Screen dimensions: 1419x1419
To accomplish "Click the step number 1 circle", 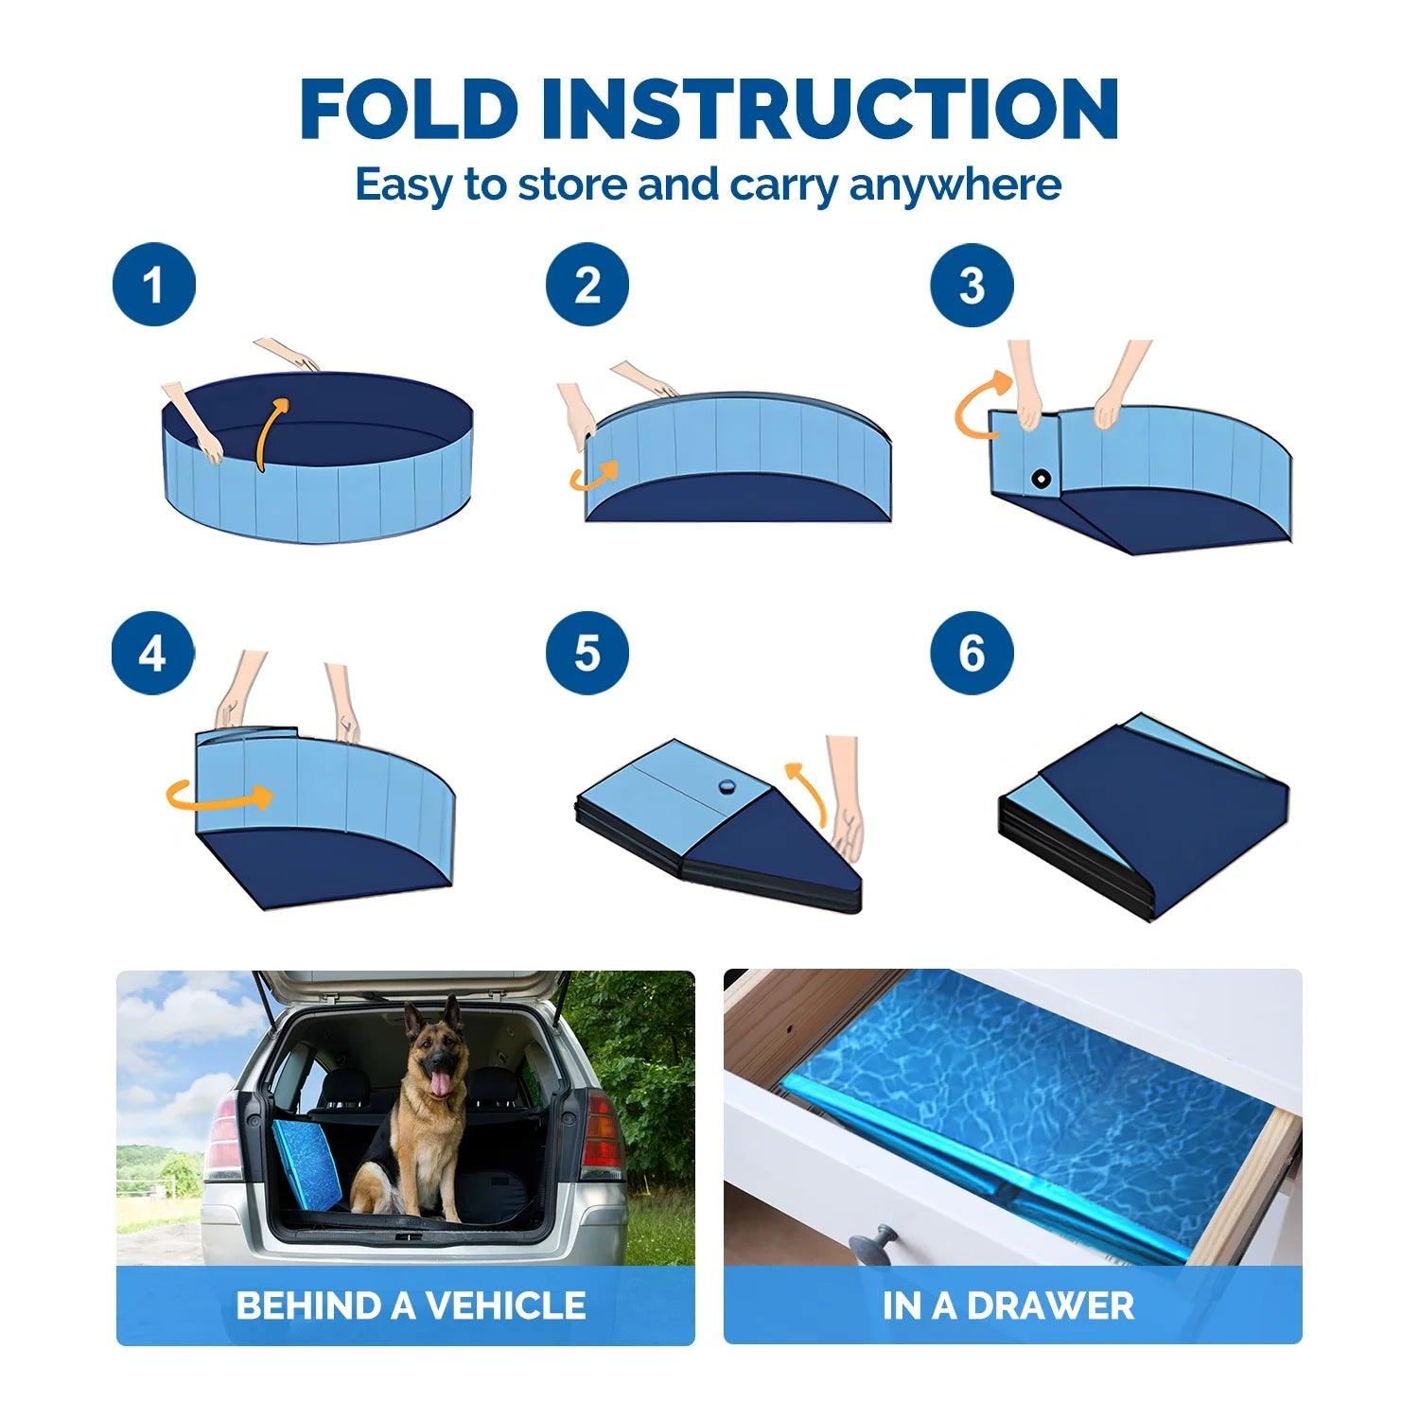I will coord(153,285).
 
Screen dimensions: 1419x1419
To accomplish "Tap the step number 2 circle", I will coord(587,285).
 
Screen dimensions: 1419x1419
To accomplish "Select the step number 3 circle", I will coord(972,285).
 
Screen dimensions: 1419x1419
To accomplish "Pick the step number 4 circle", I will coord(153,653).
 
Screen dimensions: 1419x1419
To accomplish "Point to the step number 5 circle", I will coord(587,653).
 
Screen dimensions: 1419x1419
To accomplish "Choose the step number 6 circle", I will coord(972,653).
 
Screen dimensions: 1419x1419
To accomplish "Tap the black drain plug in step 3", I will coord(1041,479).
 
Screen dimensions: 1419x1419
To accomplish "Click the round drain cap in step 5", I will coord(727,785).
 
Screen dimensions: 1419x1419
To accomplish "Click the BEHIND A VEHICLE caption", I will coord(410,1305).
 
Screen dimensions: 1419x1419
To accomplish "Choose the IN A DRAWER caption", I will coord(1007,1305).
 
